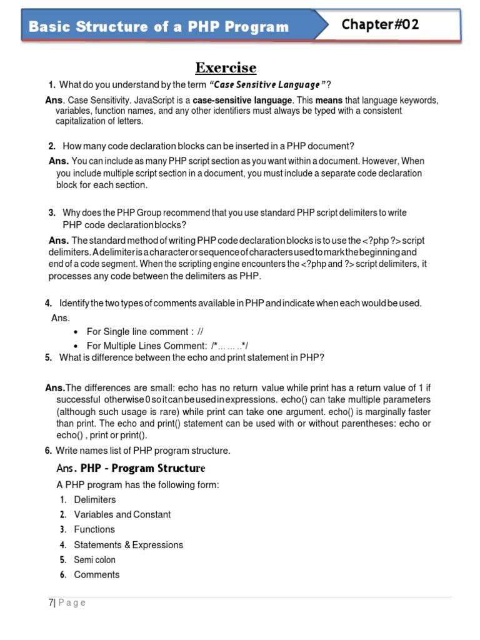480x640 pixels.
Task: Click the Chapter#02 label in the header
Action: pos(381,25)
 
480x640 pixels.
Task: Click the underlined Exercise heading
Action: pos(226,67)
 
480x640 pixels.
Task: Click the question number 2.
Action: pos(52,146)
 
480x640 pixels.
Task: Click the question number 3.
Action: pos(52,213)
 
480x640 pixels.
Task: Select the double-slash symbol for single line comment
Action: pos(201,332)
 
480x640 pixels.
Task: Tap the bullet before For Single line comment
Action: pos(76,332)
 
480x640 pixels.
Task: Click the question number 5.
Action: pos(48,358)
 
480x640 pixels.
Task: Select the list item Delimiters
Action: pos(95,500)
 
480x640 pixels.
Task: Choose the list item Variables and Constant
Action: pos(122,515)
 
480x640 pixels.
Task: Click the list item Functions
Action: pos(94,529)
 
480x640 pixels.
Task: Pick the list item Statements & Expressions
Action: pos(128,545)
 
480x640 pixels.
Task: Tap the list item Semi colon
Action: pos(94,560)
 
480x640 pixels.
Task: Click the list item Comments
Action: pos(96,575)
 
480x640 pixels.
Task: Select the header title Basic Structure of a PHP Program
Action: pos(159,27)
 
